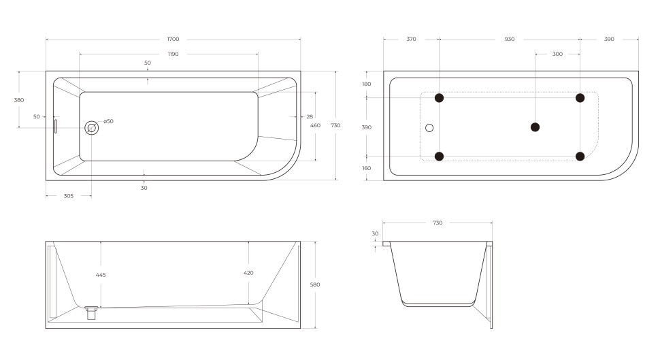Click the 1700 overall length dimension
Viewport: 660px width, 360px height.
(x=173, y=39)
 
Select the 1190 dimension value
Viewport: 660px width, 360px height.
(x=173, y=54)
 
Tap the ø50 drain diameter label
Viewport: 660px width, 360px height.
(x=108, y=121)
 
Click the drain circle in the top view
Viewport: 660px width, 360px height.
(x=91, y=127)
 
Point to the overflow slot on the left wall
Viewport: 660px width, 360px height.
(x=56, y=126)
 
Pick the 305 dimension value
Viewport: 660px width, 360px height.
(x=68, y=196)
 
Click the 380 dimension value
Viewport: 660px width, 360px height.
(x=19, y=99)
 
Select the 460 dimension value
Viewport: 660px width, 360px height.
(x=315, y=125)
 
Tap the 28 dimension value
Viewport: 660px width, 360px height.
(x=310, y=116)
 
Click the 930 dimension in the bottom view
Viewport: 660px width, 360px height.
(x=510, y=39)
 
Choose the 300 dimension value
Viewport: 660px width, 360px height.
(x=557, y=54)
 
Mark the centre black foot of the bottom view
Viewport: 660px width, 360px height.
(x=535, y=127)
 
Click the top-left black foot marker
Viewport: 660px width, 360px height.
(x=439, y=97)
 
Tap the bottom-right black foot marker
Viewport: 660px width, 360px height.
(x=580, y=157)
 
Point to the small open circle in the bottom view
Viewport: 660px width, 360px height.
(x=429, y=127)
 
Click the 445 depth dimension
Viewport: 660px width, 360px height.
(x=101, y=275)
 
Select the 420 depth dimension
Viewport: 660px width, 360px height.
(x=248, y=273)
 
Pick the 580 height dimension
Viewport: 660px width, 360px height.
(x=314, y=284)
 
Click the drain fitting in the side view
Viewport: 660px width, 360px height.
(x=91, y=312)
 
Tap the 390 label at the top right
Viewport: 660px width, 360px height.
(x=609, y=39)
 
